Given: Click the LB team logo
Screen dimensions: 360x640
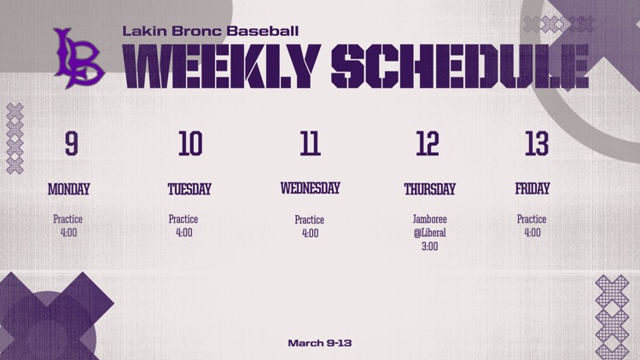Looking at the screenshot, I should (x=78, y=58).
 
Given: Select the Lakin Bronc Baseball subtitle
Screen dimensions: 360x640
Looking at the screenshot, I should (x=210, y=31).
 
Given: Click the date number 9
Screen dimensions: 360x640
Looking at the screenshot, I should (x=71, y=144).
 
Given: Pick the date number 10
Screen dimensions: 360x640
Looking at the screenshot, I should (x=189, y=144).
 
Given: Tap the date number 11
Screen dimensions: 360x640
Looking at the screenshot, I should (x=310, y=144).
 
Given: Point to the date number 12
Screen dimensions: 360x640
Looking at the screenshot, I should (x=428, y=144).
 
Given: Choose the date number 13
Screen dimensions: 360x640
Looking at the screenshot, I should (x=536, y=144).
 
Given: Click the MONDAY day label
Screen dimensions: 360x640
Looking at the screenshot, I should (x=68, y=189).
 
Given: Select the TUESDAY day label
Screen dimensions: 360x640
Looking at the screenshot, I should (x=189, y=189).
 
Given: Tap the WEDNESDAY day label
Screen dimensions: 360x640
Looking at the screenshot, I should (x=310, y=189).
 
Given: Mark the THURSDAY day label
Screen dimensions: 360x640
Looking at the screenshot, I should (x=429, y=189).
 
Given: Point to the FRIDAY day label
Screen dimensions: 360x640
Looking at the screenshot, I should (x=532, y=189).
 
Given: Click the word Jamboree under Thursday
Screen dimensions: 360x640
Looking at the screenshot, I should (x=429, y=219).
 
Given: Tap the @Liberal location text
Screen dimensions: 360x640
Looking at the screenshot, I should (x=429, y=233).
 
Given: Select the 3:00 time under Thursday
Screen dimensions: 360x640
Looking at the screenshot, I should (x=429, y=247).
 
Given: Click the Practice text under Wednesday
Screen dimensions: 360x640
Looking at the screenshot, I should (x=310, y=220).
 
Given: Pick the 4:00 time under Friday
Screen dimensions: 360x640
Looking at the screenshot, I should (x=532, y=233).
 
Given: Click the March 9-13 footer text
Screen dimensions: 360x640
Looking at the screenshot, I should (x=320, y=343).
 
